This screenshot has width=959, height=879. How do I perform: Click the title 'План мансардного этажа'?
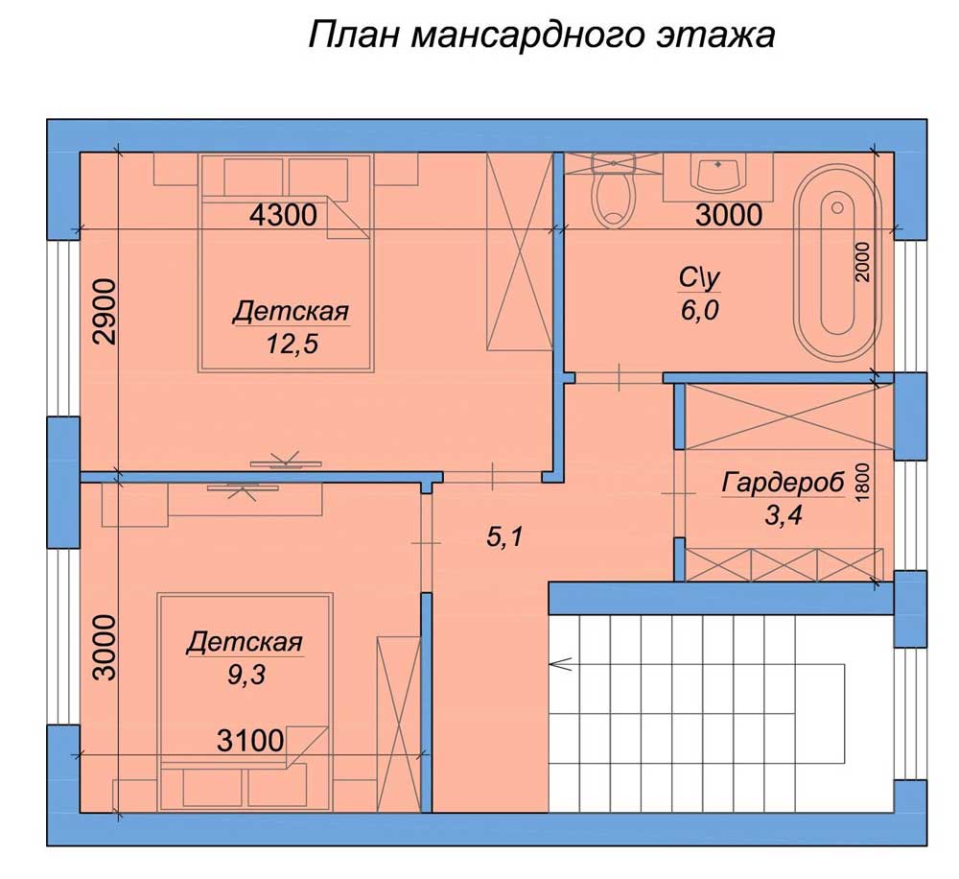point(541,35)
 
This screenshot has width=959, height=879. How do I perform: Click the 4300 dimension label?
point(284,216)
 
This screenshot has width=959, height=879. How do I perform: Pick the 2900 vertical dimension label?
point(105,312)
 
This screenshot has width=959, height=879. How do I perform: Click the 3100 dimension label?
point(250,741)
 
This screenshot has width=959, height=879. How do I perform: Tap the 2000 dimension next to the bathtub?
point(862,261)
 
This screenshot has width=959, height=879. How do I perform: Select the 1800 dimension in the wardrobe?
point(862,483)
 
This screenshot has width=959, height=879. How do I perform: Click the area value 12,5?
point(292,344)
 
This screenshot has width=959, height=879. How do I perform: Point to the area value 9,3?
point(246,675)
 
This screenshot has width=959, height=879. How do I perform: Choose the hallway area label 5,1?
point(504,537)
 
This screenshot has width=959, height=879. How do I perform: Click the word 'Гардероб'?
point(783,483)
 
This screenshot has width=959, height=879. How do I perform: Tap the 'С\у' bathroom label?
point(700,278)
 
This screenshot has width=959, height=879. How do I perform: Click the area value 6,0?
point(700,311)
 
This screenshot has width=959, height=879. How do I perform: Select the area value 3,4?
point(783,516)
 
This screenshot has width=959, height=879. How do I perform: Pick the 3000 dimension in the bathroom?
point(729,216)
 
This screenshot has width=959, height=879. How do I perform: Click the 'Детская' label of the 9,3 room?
point(245,642)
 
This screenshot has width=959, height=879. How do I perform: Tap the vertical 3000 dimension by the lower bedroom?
point(105,648)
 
